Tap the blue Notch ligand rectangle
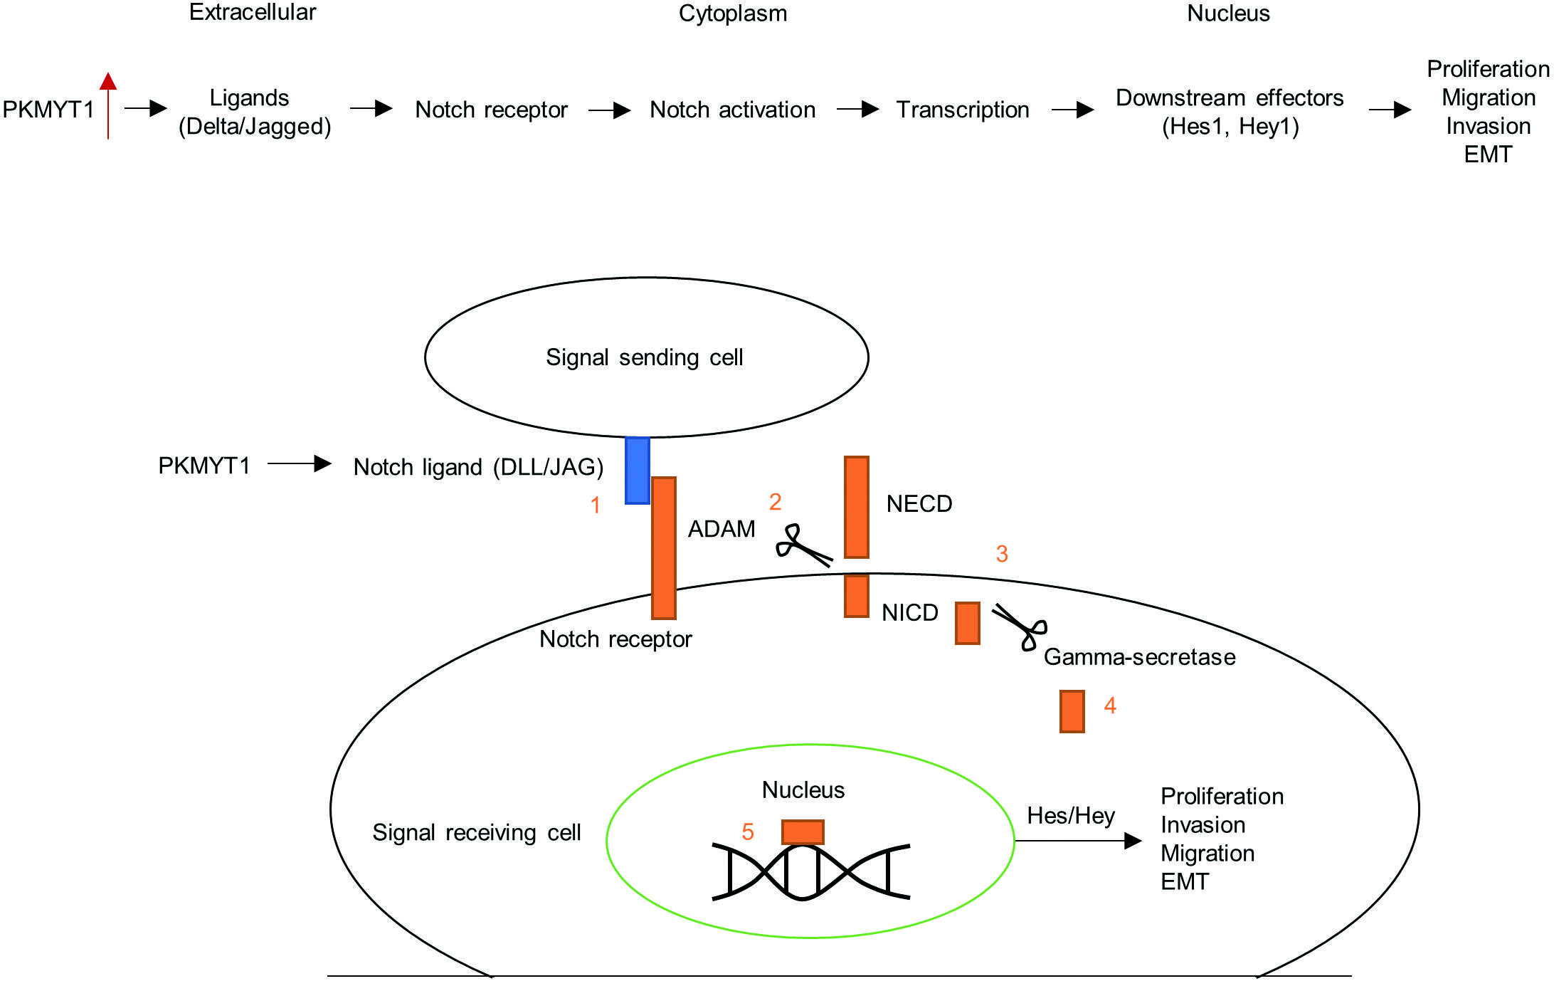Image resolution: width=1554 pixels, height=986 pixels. pyautogui.click(x=637, y=471)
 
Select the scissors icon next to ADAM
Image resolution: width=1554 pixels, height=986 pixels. pyautogui.click(x=803, y=546)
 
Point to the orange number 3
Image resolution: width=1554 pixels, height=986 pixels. pyautogui.click(x=1002, y=554)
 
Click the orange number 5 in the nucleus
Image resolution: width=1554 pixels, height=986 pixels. pyautogui.click(x=748, y=832)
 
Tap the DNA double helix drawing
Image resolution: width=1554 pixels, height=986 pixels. pyautogui.click(x=810, y=872)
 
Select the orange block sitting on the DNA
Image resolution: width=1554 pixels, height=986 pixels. pyautogui.click(x=803, y=832)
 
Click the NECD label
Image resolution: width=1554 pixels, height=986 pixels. pyautogui.click(x=919, y=504)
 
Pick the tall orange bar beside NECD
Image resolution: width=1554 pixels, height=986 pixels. pyautogui.click(x=856, y=507)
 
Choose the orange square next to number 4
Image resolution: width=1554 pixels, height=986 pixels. pyautogui.click(x=1072, y=711)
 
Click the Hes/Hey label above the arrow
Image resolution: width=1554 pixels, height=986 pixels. pyautogui.click(x=1070, y=816)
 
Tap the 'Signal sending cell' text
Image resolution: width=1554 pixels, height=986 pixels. pyautogui.click(x=644, y=357)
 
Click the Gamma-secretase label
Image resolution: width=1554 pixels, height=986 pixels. pyautogui.click(x=1139, y=657)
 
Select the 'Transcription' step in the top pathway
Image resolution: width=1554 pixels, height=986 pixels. pyautogui.click(x=962, y=110)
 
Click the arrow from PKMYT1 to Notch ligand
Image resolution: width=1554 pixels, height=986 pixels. pyautogui.click(x=299, y=464)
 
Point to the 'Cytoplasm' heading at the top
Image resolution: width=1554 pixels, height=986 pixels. pyautogui.click(x=732, y=14)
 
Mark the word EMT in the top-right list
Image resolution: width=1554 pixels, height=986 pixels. pyautogui.click(x=1487, y=154)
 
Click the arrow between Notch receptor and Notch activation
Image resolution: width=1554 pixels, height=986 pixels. pyautogui.click(x=610, y=110)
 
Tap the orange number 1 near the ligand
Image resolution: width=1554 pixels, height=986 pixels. pyautogui.click(x=596, y=505)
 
